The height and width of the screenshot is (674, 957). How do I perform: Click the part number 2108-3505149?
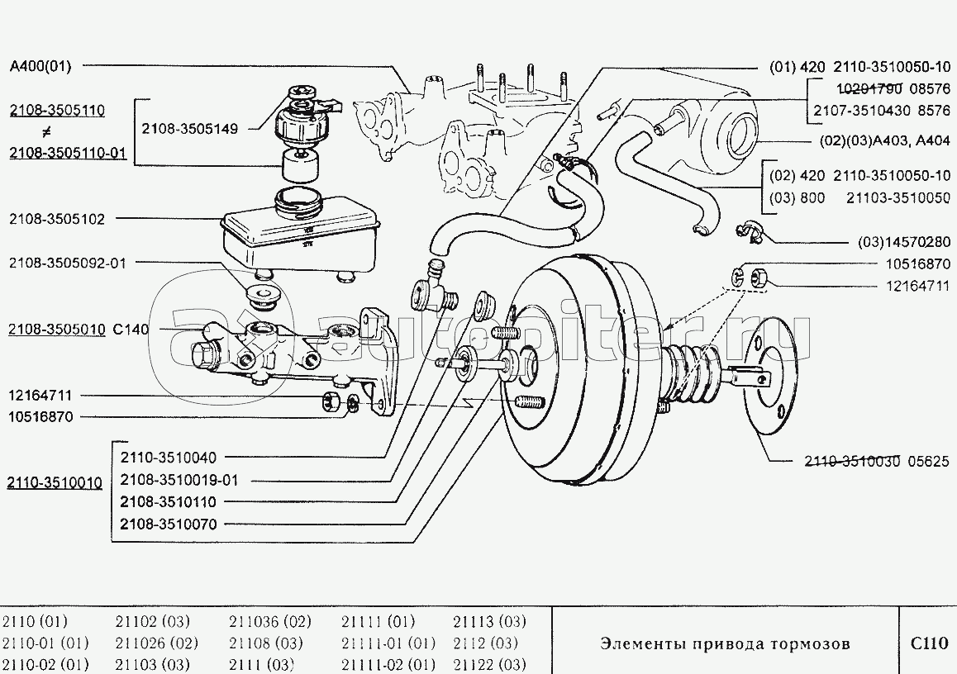coord(191,129)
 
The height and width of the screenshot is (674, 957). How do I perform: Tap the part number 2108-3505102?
coord(57,219)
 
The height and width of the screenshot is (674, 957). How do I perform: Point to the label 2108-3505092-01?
coord(68,263)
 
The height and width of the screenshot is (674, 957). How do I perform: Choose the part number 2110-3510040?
coord(168,458)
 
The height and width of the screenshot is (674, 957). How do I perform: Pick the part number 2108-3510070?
coord(168,524)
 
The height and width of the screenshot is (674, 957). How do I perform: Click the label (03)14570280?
coord(902,243)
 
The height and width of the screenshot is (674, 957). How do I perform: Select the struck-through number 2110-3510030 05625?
coord(878,463)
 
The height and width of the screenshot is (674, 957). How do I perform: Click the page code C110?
coord(928,643)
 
